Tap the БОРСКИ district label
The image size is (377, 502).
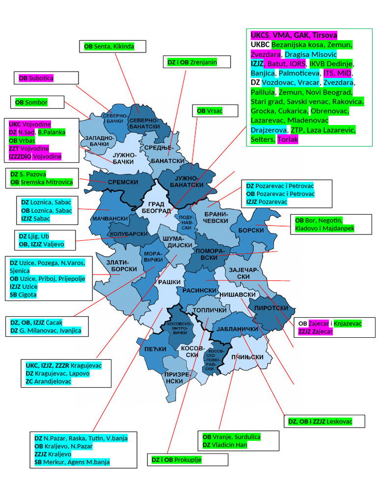tap(251, 230)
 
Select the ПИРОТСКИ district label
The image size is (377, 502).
tap(271, 308)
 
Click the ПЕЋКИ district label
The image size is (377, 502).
tap(156, 349)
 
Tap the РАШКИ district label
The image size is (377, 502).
tap(166, 282)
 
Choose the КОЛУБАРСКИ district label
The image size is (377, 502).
tap(129, 234)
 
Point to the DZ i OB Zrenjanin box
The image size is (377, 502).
tap(196, 62)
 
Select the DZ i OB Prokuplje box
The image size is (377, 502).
tap(188, 460)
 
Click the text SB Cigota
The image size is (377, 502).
tap(23, 295)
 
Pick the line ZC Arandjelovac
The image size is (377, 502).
tap(49, 381)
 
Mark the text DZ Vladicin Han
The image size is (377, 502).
tap(225, 445)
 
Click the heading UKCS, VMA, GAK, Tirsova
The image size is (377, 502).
tap(294, 35)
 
